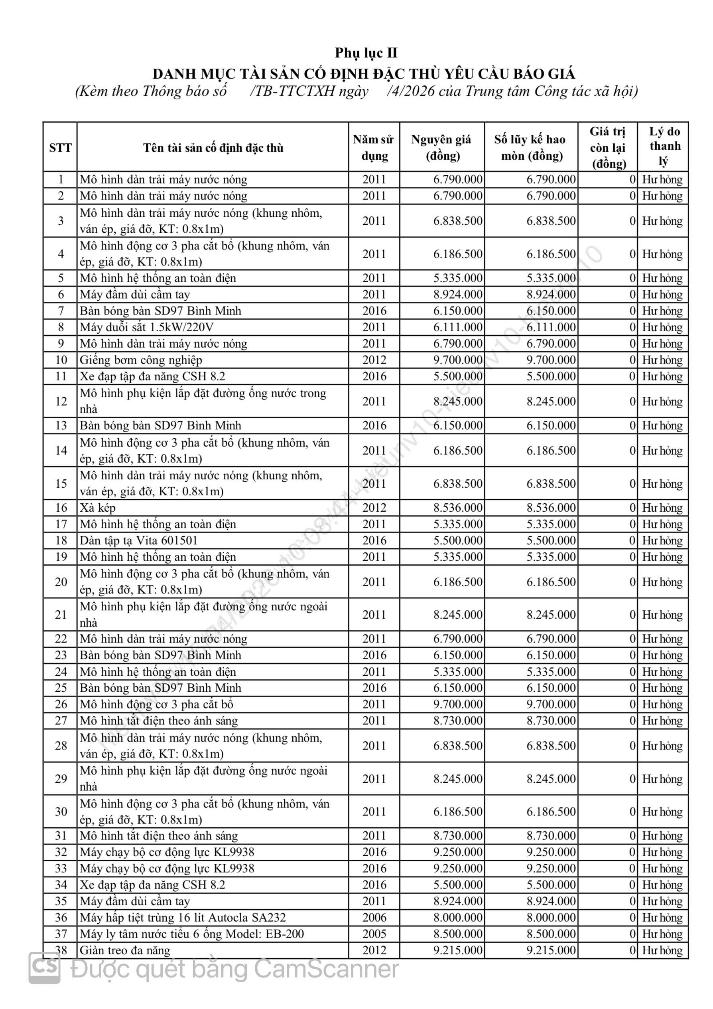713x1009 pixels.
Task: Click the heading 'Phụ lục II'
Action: point(366,53)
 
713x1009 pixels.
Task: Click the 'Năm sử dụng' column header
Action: point(374,147)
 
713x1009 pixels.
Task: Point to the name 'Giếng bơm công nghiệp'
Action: point(141,360)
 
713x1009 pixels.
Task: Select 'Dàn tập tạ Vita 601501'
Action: point(139,540)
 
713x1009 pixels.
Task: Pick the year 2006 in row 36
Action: point(374,918)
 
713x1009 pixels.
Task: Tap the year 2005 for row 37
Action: point(374,934)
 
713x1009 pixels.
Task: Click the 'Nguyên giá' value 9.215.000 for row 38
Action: point(458,950)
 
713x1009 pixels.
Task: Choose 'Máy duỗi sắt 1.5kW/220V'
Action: point(147,327)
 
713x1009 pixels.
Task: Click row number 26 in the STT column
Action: point(61,704)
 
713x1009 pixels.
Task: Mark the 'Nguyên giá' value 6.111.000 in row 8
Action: point(458,327)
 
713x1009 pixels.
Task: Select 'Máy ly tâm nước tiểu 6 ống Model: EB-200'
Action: point(192,934)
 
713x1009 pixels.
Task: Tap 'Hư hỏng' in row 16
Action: point(662,508)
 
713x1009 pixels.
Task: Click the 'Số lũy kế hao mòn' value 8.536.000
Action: point(551,508)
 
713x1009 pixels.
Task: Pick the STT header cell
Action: point(60,148)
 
